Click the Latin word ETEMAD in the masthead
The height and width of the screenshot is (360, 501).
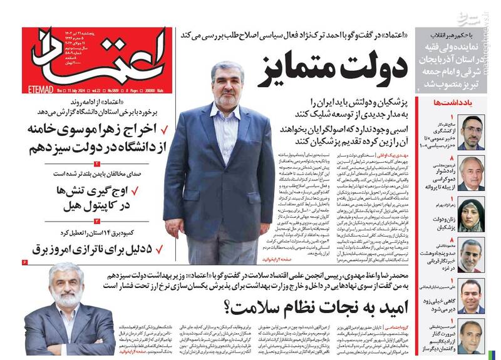35,90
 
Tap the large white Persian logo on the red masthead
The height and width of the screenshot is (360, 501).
94,56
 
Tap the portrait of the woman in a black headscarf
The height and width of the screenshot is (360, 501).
471,215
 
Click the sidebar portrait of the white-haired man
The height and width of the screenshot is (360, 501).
471,173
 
